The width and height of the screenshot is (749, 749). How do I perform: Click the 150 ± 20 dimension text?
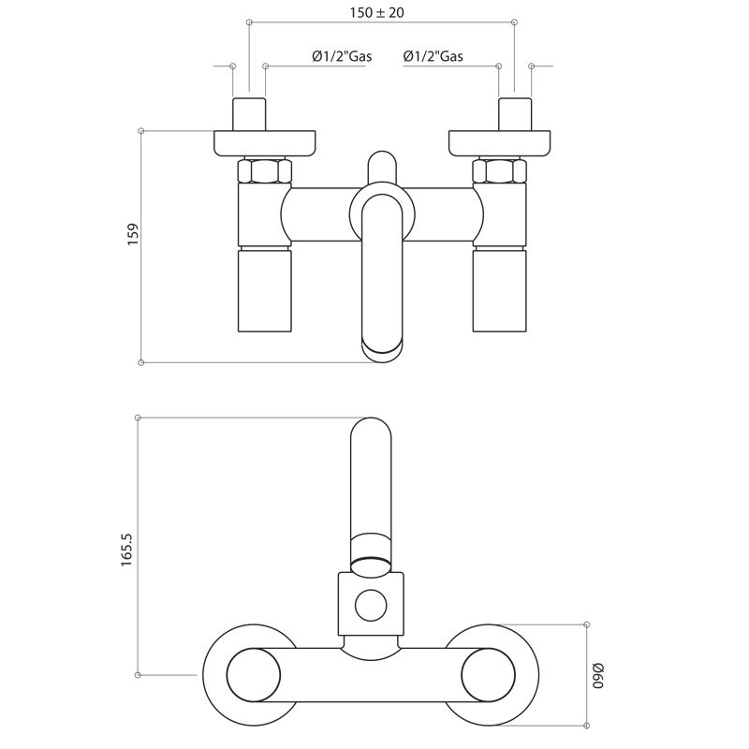click(376, 12)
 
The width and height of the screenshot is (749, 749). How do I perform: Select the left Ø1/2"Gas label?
click(342, 56)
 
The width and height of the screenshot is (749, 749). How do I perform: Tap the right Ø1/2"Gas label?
click(433, 56)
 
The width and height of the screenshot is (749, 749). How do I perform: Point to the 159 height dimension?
click(133, 234)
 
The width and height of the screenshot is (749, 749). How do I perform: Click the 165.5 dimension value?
click(126, 550)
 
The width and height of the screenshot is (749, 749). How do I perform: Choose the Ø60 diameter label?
click(597, 675)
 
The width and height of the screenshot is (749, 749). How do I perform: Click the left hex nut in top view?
click(265, 170)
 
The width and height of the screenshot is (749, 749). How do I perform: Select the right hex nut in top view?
click(499, 170)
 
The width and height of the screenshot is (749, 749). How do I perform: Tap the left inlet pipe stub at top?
click(249, 114)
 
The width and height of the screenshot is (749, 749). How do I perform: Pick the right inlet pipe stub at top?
click(515, 114)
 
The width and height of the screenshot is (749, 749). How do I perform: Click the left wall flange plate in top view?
click(265, 143)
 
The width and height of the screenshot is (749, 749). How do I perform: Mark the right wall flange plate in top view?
click(500, 143)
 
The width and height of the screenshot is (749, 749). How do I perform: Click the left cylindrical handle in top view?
click(265, 289)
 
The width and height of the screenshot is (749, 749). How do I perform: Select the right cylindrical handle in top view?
click(499, 289)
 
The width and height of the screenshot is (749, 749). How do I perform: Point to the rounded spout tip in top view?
click(382, 352)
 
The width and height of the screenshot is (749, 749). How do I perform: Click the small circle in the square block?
click(371, 605)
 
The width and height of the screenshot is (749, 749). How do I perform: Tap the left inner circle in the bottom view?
click(253, 675)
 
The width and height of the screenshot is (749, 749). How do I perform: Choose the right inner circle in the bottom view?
click(488, 675)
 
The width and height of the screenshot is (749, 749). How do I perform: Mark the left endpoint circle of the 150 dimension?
click(249, 22)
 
